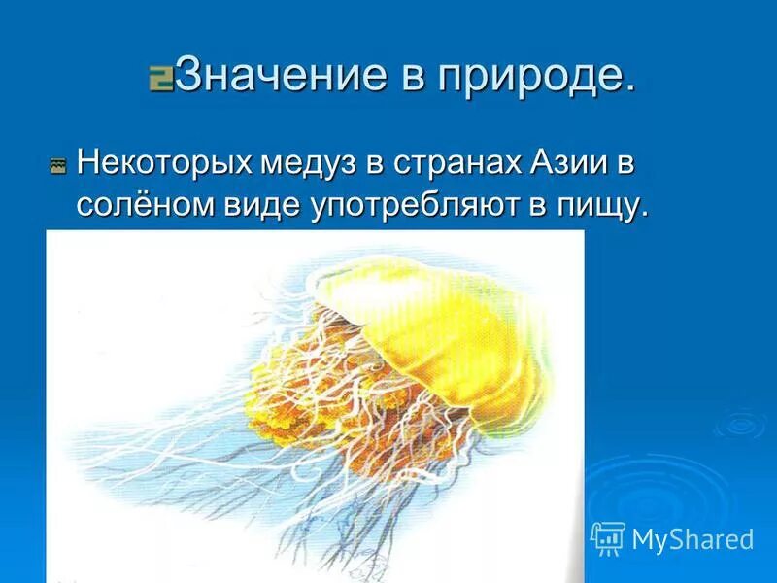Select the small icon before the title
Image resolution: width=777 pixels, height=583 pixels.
[160, 79]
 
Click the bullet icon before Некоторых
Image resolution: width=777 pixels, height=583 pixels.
[58, 167]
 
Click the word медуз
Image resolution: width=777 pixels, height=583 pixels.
[310, 161]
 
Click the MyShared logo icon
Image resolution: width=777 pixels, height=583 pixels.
[607, 537]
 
